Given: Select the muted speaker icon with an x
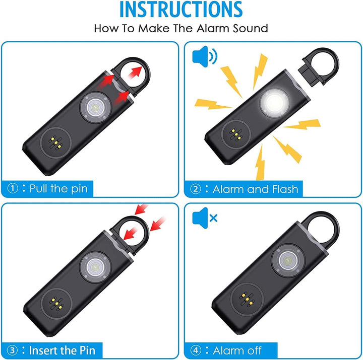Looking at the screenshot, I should coord(205,218).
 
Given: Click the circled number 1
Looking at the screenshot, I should coord(13,189).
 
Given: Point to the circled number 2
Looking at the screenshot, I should coord(195,189).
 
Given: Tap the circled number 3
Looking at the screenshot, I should coord(13,350).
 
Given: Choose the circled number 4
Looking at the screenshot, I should coord(195,350).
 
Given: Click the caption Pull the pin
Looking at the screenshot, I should coord(58,189).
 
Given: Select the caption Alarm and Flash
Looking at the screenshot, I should coord(255,189).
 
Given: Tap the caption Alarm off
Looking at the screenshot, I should coord(237,350).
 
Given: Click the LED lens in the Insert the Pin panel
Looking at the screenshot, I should coord(93,266).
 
